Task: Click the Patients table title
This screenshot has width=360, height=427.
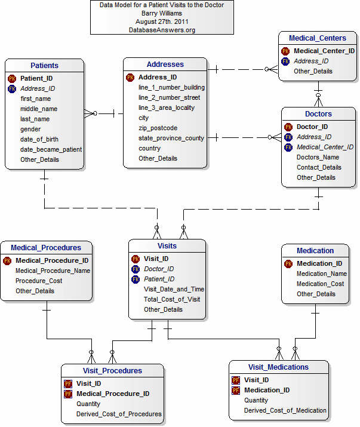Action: [45, 65]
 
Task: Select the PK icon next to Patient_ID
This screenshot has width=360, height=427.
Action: [12, 78]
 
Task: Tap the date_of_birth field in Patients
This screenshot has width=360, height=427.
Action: [40, 139]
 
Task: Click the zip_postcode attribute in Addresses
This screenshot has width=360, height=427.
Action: [158, 128]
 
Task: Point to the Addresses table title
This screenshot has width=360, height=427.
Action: [165, 64]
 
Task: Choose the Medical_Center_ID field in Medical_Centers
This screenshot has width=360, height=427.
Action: [324, 51]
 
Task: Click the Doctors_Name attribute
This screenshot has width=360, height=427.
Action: [318, 157]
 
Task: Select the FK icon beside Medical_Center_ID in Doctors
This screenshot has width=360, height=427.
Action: [289, 147]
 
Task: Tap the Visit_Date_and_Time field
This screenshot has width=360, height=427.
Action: [174, 289]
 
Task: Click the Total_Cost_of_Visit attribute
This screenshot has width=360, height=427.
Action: [172, 299]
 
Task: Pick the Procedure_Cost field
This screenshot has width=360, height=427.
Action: [39, 281]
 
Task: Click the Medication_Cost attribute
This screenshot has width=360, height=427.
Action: [320, 284]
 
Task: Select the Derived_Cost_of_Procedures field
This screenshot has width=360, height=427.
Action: [119, 414]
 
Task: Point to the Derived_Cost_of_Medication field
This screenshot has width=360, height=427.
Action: [285, 410]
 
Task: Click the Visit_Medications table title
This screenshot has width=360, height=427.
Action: [278, 367]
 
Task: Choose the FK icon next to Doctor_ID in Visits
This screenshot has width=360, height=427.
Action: [136, 269]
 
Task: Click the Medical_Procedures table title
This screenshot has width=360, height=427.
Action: [46, 247]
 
